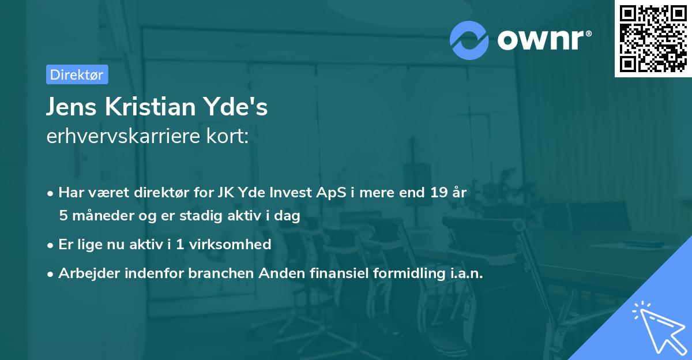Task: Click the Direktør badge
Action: point(77,74)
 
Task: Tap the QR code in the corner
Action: point(653,38)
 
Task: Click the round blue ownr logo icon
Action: point(469,40)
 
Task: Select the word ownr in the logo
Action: point(543,39)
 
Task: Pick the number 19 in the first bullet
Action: point(434,193)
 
